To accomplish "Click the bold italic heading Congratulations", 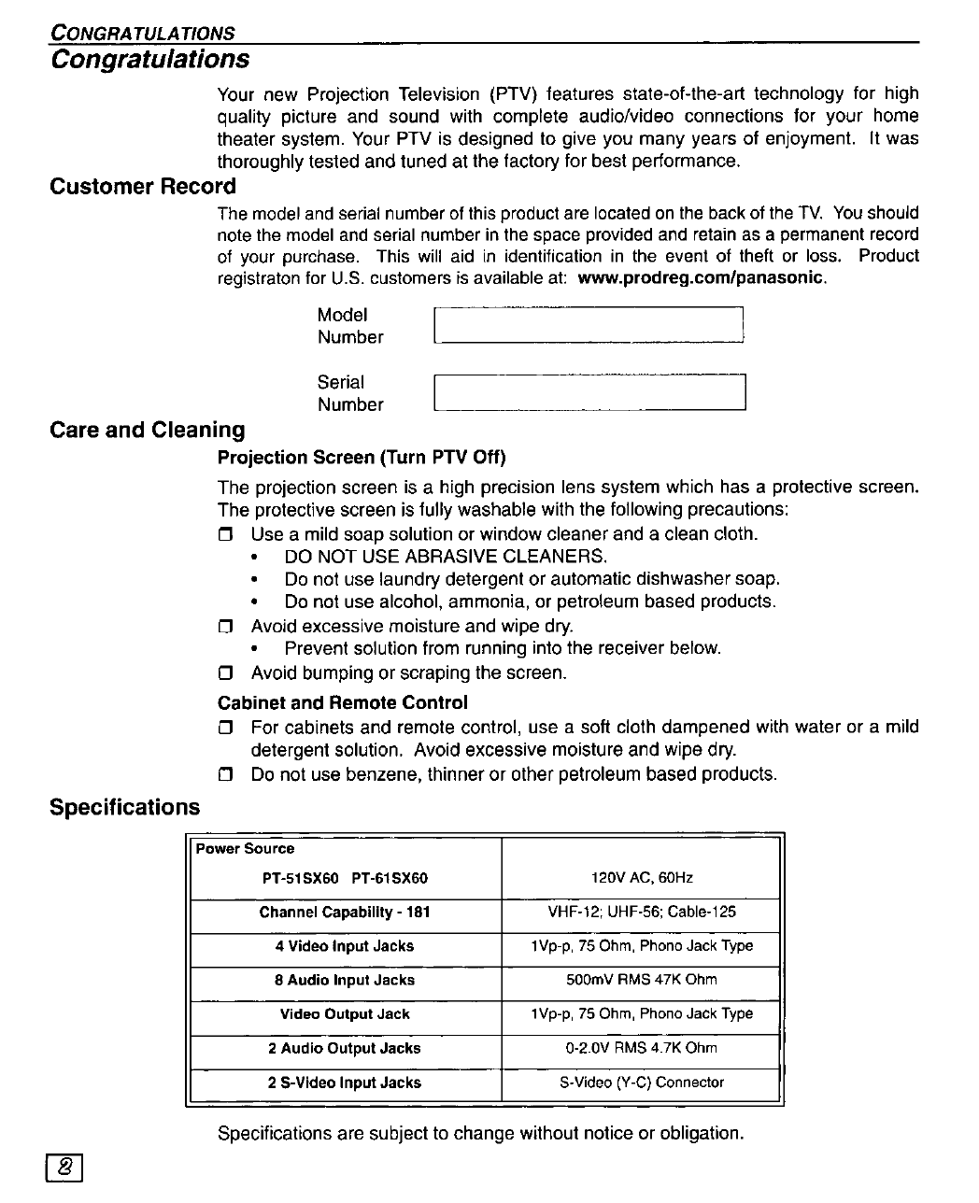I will (x=150, y=60).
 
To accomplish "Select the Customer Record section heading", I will (x=143, y=187).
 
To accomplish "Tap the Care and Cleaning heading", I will (x=148, y=430).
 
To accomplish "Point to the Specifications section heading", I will (x=124, y=807).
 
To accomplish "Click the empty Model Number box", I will (x=589, y=326).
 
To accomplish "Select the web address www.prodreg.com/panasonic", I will (x=702, y=278).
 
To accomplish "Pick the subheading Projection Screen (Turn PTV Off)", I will (x=362, y=458).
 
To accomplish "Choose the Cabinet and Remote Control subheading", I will (x=342, y=702).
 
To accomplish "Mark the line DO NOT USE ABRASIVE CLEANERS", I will (x=446, y=557).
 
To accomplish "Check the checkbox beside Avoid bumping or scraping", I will (x=224, y=673).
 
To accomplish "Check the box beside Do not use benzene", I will (x=224, y=774).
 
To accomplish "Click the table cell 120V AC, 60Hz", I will (x=642, y=878).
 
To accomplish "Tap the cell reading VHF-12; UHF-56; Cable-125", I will (x=642, y=912).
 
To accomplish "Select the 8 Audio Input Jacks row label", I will (x=345, y=980).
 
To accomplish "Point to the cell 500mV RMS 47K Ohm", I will (x=642, y=980).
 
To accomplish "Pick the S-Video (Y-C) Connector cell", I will (x=642, y=1083).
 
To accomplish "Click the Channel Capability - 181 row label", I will (x=345, y=912).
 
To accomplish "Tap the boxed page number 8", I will (x=64, y=1167).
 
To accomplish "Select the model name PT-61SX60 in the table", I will (x=390, y=878).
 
